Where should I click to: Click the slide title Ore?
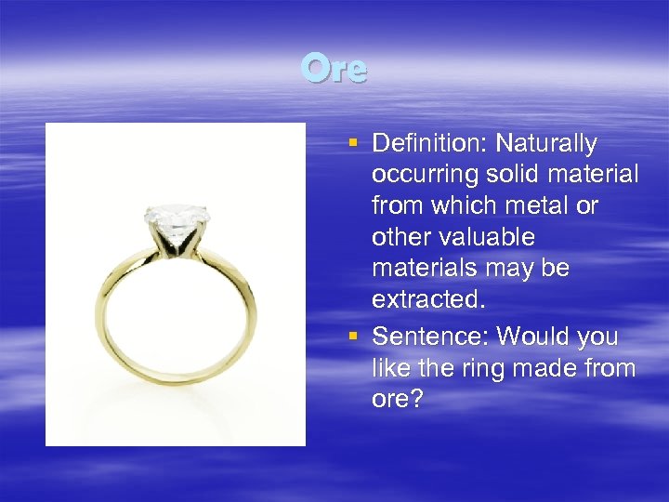click(x=334, y=69)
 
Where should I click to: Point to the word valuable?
click(x=491, y=238)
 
